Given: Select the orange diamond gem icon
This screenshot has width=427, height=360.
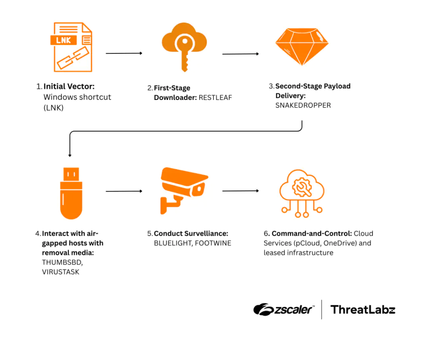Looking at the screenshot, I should (302, 46).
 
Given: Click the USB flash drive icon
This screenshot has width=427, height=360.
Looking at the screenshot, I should (71, 192).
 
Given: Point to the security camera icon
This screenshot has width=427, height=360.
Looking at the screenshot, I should (184, 190).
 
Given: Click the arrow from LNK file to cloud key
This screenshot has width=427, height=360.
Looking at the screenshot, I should (124, 53).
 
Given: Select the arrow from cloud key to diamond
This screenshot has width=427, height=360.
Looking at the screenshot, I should (241, 54).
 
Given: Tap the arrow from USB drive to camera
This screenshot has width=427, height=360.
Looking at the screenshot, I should (124, 192).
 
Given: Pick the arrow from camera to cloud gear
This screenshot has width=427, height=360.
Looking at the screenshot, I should (241, 191).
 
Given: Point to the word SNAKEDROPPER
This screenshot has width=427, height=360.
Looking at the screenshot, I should (303, 105).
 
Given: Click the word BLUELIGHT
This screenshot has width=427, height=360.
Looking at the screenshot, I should (172, 243).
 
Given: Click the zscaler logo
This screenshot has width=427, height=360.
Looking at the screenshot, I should (284, 310).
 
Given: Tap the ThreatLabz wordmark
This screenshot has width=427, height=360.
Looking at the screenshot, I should (363, 310).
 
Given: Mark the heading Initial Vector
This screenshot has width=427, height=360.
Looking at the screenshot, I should (69, 87).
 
